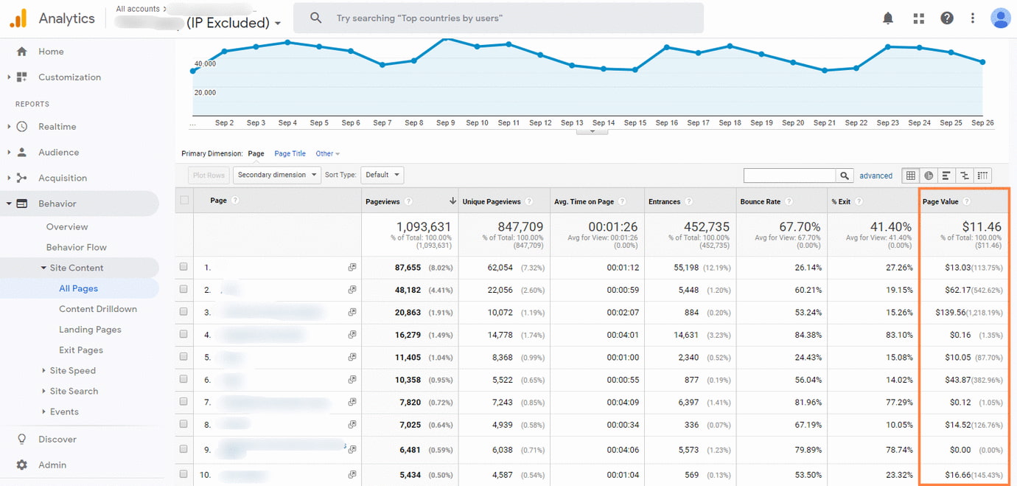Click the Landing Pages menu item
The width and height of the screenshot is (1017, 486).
(x=90, y=330)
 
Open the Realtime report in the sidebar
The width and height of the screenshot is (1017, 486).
(x=57, y=127)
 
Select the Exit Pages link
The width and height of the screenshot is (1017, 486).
(x=80, y=350)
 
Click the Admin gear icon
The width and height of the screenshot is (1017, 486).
(x=22, y=465)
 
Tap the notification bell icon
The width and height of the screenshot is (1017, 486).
(x=888, y=18)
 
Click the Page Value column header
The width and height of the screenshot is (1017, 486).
(x=940, y=201)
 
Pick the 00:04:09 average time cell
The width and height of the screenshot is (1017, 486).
(x=623, y=403)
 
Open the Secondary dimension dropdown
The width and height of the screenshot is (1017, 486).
(x=277, y=175)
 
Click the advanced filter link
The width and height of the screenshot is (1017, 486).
(x=876, y=176)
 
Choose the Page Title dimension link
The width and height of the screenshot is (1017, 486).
(x=290, y=153)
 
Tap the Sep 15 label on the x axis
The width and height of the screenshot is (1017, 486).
(x=635, y=123)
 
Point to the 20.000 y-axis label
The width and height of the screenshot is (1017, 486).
(x=205, y=92)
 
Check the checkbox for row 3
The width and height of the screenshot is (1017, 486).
(x=184, y=312)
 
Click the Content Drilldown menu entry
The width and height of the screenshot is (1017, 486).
(x=97, y=309)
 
